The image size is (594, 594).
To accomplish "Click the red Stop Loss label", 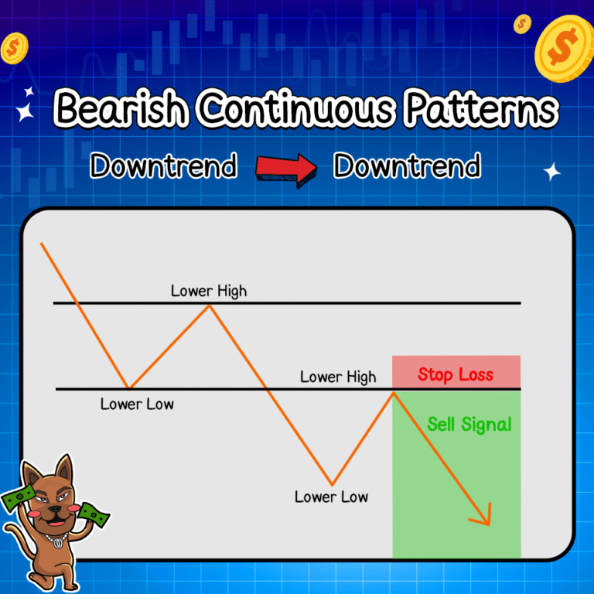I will pyautogui.click(x=456, y=374).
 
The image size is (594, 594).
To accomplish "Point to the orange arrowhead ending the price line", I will pyautogui.click(x=485, y=517).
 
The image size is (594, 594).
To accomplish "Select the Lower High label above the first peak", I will pyautogui.click(x=209, y=291).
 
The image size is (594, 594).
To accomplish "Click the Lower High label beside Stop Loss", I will pyautogui.click(x=338, y=377).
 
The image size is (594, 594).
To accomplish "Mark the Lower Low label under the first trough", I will pyautogui.click(x=137, y=404).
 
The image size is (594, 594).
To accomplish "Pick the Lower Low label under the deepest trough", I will pyautogui.click(x=331, y=497).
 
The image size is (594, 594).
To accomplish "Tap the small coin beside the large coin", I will pyautogui.click(x=522, y=24).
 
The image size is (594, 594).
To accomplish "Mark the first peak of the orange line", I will pyautogui.click(x=209, y=306).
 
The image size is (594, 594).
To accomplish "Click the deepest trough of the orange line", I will pyautogui.click(x=332, y=484).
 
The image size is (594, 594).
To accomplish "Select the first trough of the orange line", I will pyautogui.click(x=129, y=387).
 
